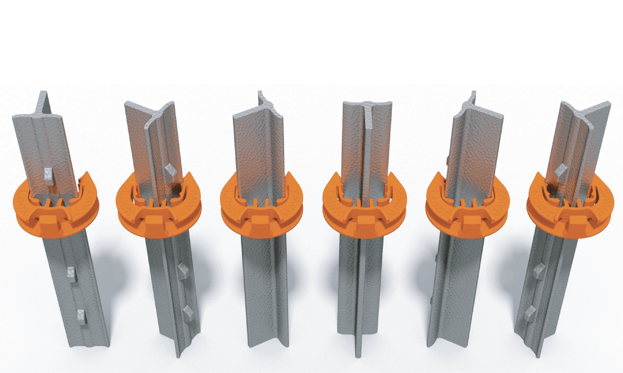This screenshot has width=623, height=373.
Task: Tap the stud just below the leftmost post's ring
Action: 71,274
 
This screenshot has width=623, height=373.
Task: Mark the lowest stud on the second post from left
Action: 187,312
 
